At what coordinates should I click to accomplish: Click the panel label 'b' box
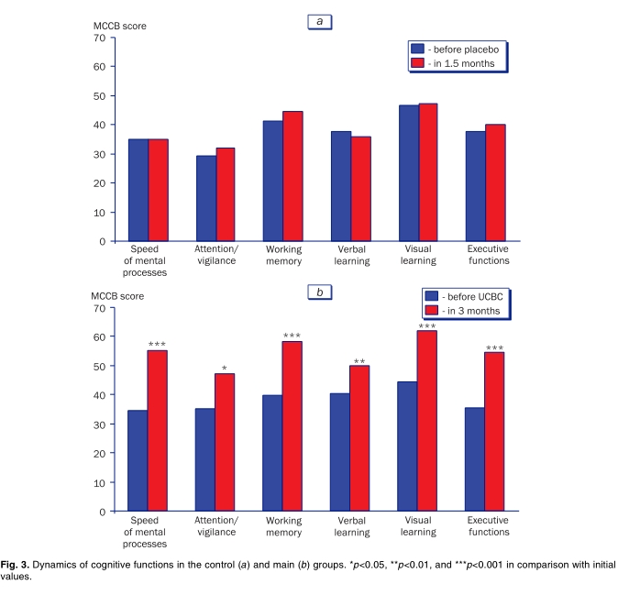tap(319, 292)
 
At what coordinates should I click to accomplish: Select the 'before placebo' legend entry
tap(459, 48)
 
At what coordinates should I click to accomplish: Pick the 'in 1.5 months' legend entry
tap(459, 63)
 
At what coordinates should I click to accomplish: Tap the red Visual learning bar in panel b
tap(426, 421)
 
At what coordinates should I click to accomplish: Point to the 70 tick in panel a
tap(96, 38)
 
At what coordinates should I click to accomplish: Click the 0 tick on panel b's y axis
tap(99, 511)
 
